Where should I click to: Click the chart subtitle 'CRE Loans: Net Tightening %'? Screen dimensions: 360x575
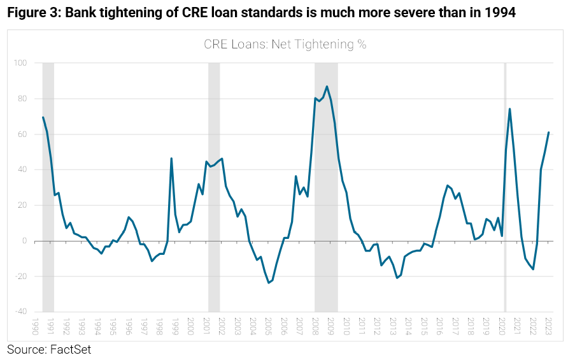tap(285, 45)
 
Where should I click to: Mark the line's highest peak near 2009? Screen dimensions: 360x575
tap(327, 87)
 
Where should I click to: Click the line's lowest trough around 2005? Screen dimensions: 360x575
tap(269, 282)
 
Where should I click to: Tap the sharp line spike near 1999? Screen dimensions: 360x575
tap(171, 158)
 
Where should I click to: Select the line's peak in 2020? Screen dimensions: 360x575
tap(509, 109)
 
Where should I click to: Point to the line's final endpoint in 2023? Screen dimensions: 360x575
tap(548, 133)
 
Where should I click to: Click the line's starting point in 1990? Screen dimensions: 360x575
tap(43, 117)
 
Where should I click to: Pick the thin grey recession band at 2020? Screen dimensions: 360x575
tap(505, 191)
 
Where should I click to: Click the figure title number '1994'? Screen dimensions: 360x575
tap(495, 13)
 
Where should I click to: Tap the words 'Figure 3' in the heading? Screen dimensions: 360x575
tap(30, 13)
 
